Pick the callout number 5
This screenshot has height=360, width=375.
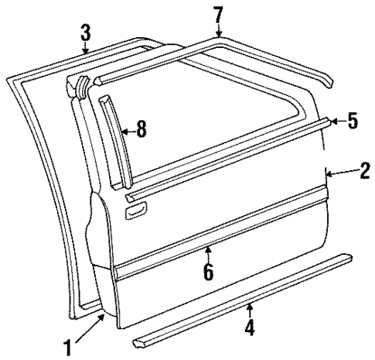point(353,122)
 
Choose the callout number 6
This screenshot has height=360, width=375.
point(208,271)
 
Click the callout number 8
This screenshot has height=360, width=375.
point(141,129)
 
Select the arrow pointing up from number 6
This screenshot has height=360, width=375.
point(208,253)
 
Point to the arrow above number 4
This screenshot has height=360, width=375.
point(250,313)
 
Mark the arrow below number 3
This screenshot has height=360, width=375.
point(87,49)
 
